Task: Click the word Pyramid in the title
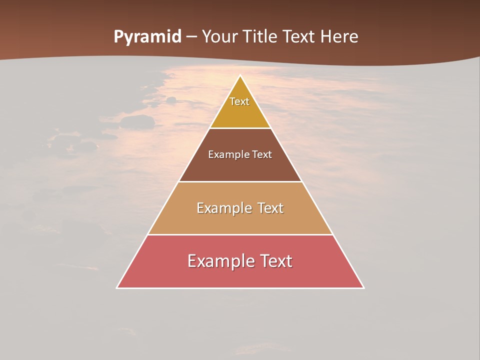coord(147,37)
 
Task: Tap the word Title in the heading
coord(261,36)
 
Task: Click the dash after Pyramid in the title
coord(191,37)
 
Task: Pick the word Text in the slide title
coord(300,36)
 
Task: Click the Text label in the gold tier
coord(239,101)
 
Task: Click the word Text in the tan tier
coord(271,208)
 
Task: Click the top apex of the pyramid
coord(240,76)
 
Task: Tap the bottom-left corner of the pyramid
coord(117,287)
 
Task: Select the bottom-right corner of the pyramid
coord(363,287)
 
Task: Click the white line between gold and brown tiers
coord(240,128)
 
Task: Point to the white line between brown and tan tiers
coord(240,181)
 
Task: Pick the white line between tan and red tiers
coord(240,234)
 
